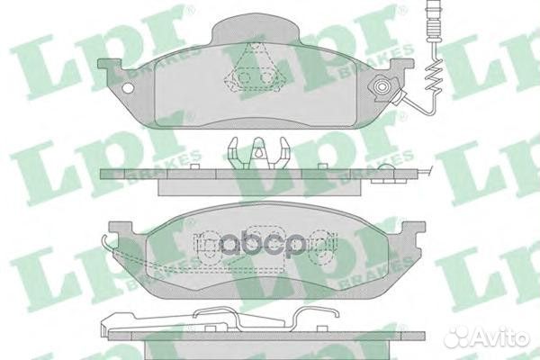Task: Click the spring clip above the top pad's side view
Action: [256, 153]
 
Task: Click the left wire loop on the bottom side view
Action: [210, 316]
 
